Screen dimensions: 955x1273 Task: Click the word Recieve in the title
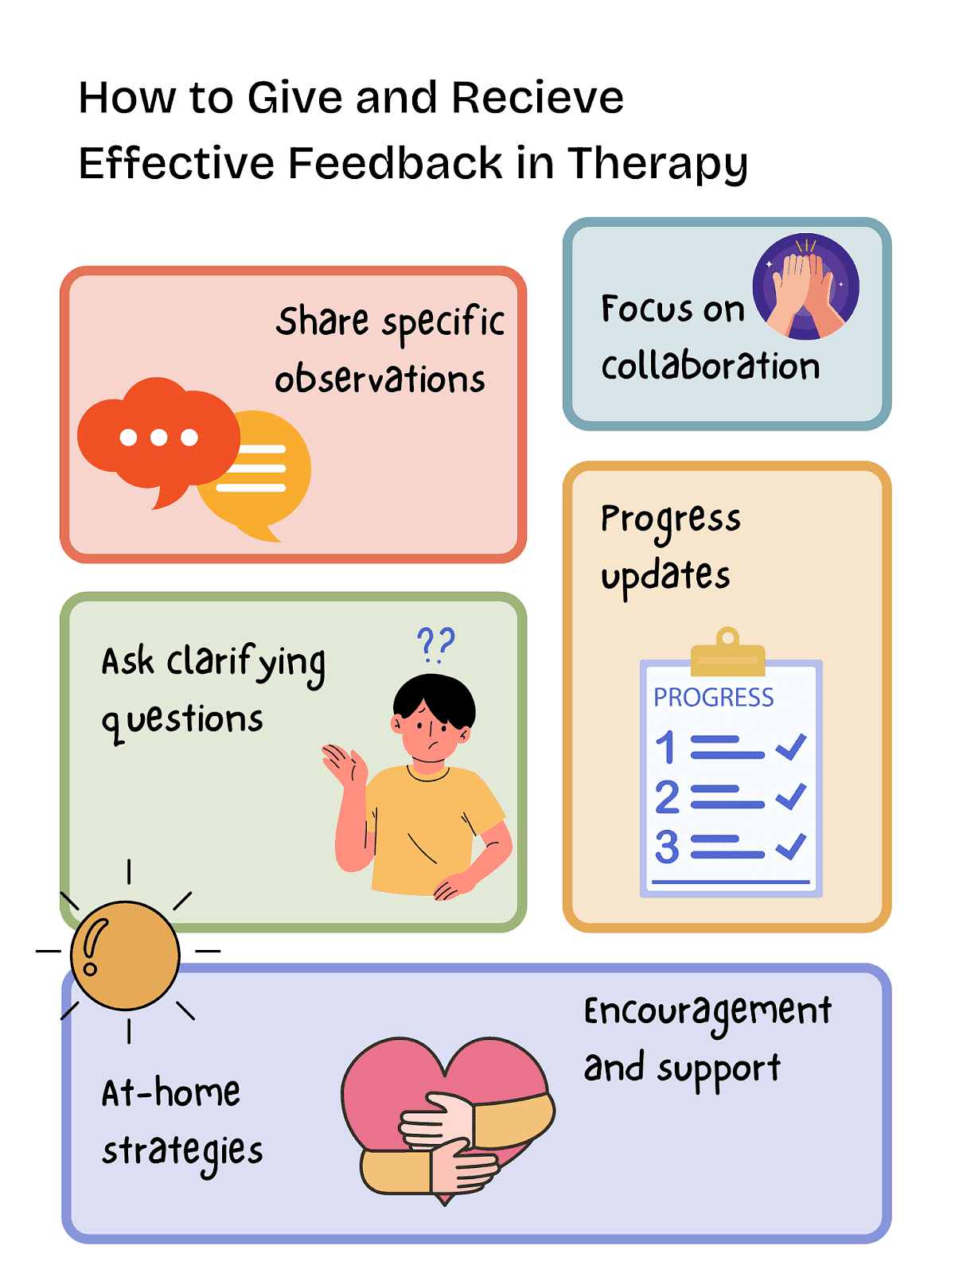(x=537, y=97)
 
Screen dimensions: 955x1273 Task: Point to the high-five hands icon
(x=805, y=286)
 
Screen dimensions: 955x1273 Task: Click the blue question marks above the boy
(x=436, y=644)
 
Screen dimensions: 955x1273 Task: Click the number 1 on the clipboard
(x=665, y=747)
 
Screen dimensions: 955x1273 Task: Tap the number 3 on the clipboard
(x=667, y=847)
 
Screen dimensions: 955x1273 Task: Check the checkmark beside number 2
(x=790, y=796)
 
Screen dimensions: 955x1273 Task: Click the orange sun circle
(x=125, y=956)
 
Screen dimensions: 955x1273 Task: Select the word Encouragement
(x=707, y=1012)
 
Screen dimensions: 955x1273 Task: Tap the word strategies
(x=182, y=1152)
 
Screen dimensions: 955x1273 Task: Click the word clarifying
(x=246, y=664)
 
